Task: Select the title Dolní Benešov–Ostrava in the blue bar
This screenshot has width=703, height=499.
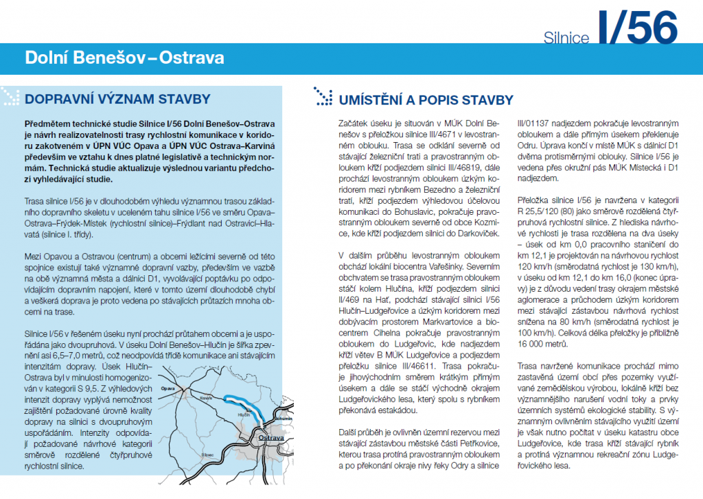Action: (x=124, y=56)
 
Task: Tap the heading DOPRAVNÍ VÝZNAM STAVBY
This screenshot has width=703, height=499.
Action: (x=117, y=99)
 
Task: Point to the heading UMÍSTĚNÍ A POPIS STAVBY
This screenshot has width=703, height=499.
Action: (x=426, y=100)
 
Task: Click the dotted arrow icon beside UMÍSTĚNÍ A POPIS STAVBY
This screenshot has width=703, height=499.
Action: (x=323, y=96)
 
